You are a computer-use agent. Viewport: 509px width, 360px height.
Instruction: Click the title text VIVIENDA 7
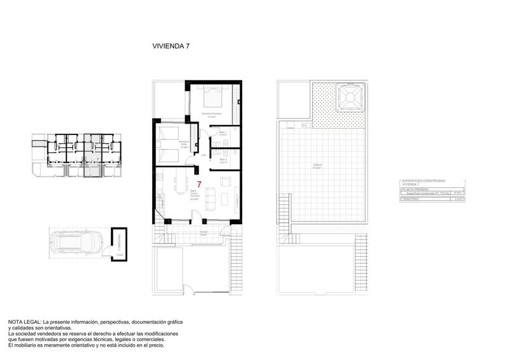coord(171,46)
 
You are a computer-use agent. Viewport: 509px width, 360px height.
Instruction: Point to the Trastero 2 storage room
coord(118,243)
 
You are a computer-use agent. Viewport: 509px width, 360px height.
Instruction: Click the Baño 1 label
coord(222,134)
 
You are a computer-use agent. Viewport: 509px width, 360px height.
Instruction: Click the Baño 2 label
coord(222,162)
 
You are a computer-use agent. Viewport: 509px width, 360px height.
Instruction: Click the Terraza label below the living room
coord(203,232)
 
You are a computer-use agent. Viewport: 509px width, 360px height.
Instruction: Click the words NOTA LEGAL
coord(25,322)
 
